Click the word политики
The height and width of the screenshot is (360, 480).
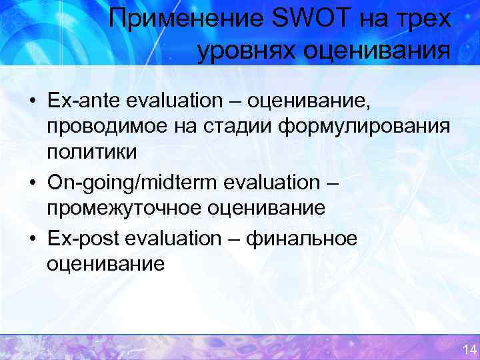pyautogui.click(x=91, y=151)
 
